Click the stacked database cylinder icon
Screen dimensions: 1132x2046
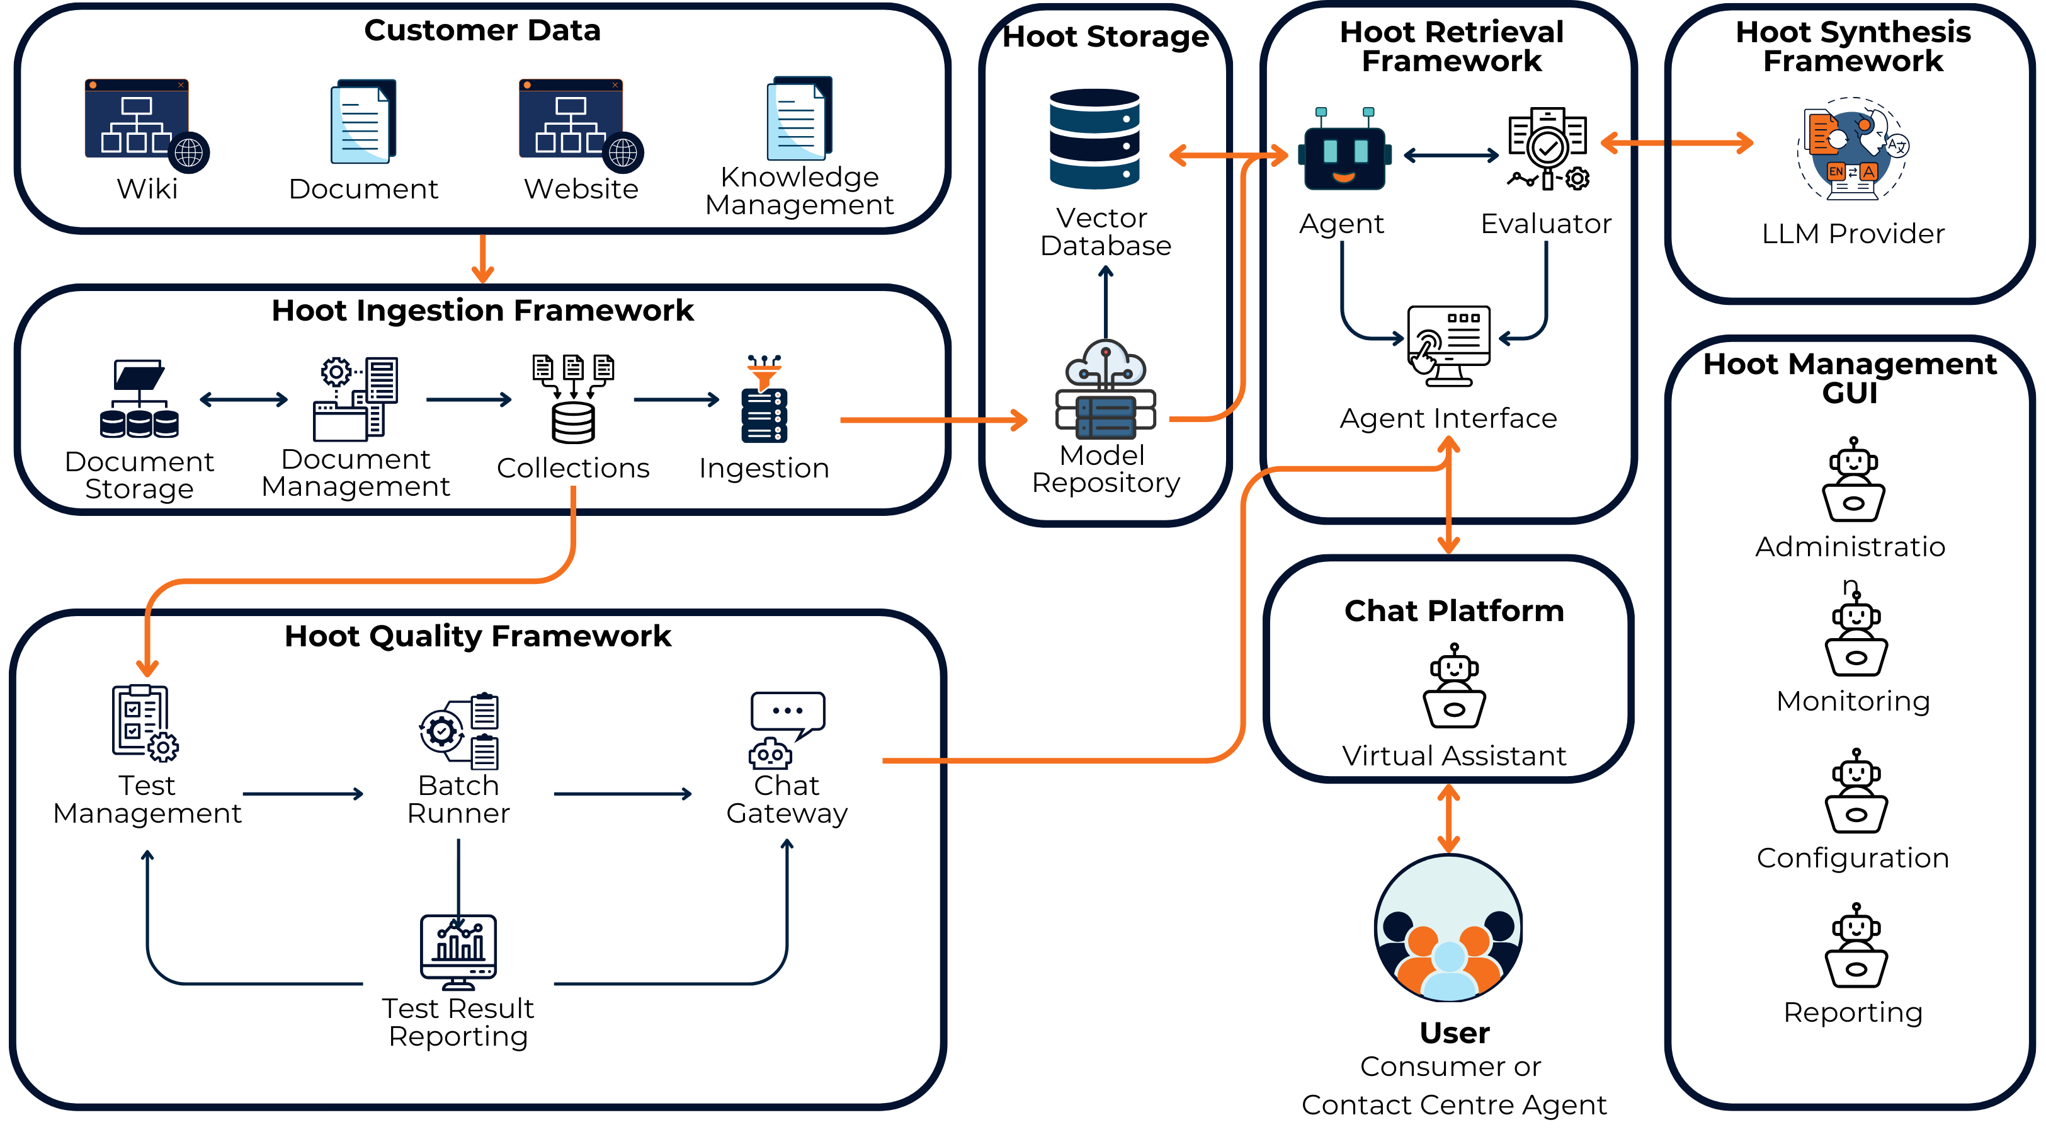click(x=1094, y=139)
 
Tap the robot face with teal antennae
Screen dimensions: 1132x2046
click(x=1344, y=151)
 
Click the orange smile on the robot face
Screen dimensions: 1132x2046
click(x=1344, y=177)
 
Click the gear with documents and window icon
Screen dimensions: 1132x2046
click(x=356, y=399)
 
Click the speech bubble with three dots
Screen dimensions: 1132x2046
click(x=788, y=711)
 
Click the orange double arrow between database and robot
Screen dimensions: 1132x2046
click(x=1227, y=155)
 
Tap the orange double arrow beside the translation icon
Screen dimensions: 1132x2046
click(x=1676, y=143)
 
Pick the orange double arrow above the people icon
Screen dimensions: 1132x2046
click(x=1449, y=818)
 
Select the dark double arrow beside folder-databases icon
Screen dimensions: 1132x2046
click(x=243, y=399)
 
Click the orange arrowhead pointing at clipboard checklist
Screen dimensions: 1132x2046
click(x=147, y=667)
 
